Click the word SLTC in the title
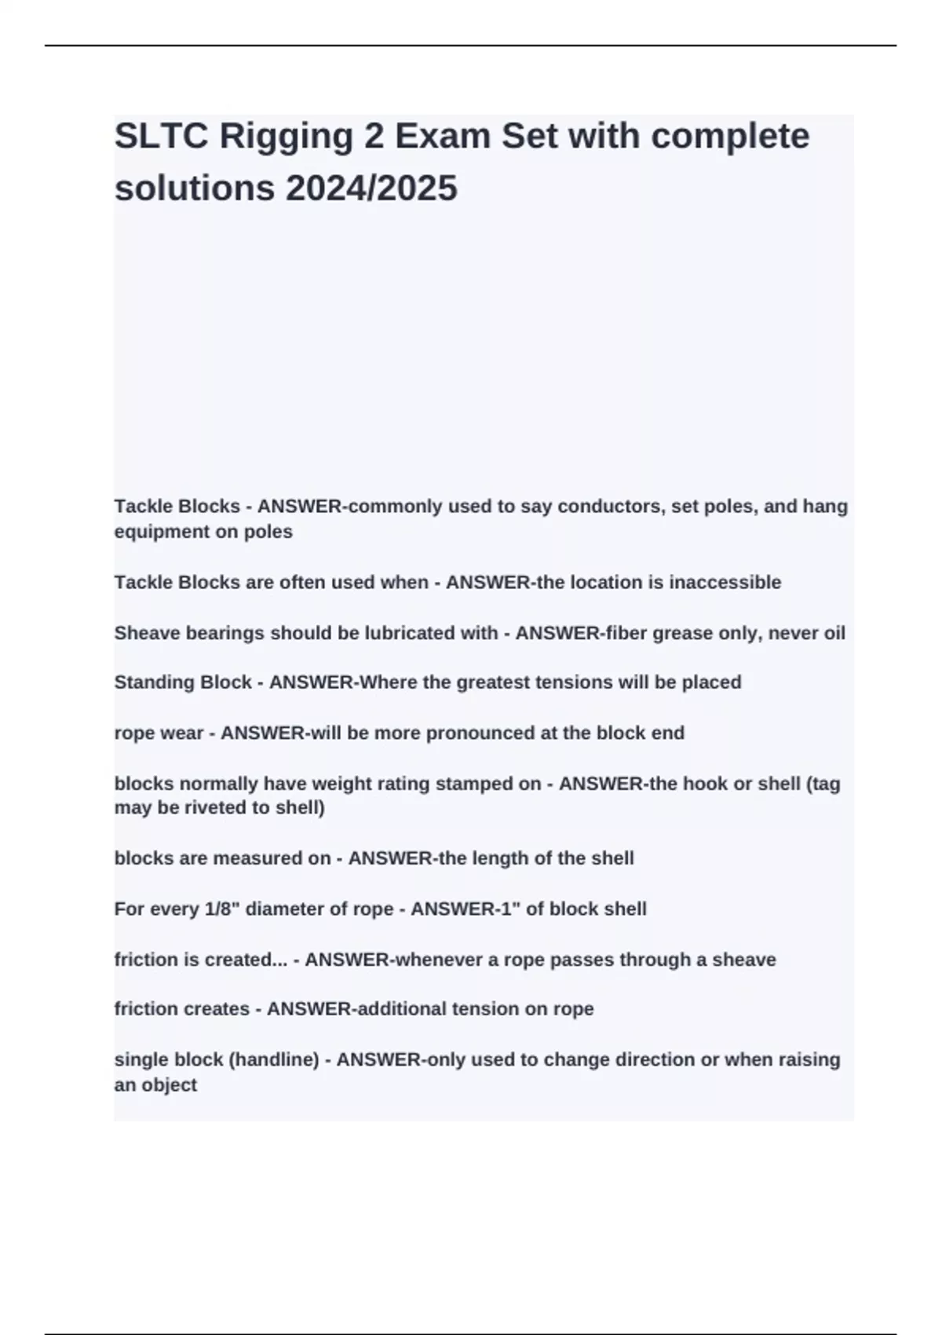pyautogui.click(x=161, y=136)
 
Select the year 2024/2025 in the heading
pyautogui.click(x=371, y=188)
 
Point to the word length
pyautogui.click(x=499, y=858)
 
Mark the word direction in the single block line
pyautogui.click(x=648, y=1060)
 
